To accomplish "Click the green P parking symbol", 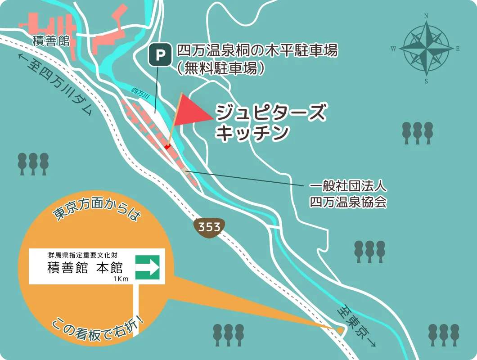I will (x=160, y=55).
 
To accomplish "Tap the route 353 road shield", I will (x=209, y=226).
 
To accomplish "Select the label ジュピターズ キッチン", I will (x=270, y=122).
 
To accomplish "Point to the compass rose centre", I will (x=426, y=49).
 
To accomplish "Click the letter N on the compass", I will (x=426, y=16).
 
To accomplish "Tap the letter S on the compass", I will (x=426, y=81).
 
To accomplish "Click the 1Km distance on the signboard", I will (x=121, y=279).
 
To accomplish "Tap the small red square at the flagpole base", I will (x=167, y=146).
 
